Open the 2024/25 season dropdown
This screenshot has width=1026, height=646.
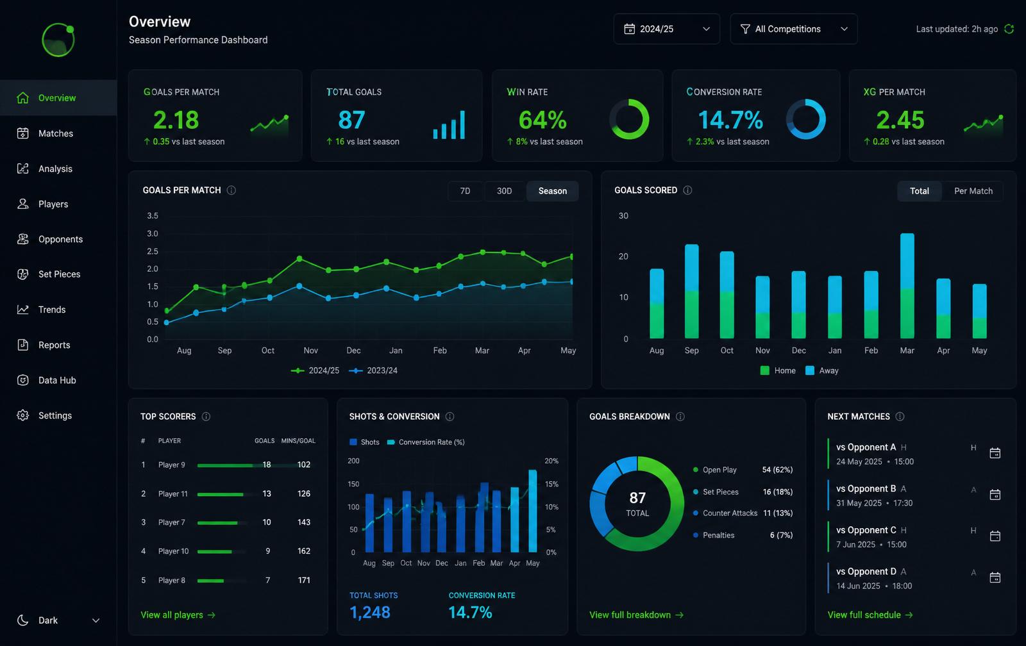[666, 29]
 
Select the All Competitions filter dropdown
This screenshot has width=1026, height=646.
[793, 29]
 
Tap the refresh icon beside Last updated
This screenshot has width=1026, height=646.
[1009, 29]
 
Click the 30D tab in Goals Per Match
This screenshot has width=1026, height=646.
[504, 191]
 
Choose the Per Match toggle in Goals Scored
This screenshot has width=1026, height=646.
[973, 191]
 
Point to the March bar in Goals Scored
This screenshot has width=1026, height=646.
[907, 286]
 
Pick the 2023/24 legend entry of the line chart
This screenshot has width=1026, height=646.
[373, 370]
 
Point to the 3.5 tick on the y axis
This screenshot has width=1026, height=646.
[153, 215]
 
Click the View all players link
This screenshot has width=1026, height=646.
[178, 615]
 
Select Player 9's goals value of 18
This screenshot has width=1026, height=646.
[267, 465]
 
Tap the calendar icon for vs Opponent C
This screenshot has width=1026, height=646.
[995, 536]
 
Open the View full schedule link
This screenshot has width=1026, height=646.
[870, 615]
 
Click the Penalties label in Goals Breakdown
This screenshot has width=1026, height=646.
[718, 535]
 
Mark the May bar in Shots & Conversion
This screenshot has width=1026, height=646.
[533, 511]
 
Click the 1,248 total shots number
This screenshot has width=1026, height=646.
[369, 612]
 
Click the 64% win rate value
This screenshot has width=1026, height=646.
[542, 120]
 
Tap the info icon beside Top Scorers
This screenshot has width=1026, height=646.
[206, 417]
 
